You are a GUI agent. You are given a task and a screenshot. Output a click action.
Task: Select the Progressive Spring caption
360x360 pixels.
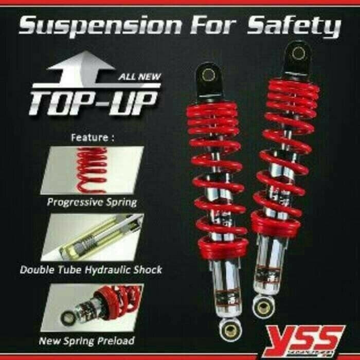click(x=92, y=202)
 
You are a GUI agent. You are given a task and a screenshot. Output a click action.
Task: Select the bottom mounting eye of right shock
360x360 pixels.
click(x=263, y=309)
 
